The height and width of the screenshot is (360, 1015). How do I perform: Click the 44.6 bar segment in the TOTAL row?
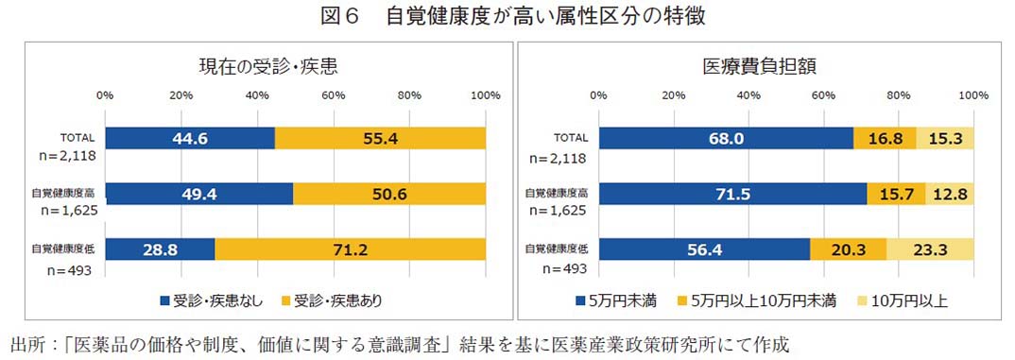(x=190, y=138)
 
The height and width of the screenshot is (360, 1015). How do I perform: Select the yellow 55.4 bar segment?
(x=380, y=138)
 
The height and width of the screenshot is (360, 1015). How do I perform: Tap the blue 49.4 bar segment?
(x=198, y=194)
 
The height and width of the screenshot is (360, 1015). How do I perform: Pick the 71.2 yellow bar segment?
(x=351, y=249)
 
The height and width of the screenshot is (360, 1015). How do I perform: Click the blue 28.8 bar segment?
(x=160, y=249)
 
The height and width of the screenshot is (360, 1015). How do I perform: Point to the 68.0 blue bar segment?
(x=725, y=138)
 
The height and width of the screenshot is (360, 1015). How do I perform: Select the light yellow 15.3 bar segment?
(x=945, y=138)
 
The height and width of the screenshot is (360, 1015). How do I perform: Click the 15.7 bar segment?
(x=896, y=194)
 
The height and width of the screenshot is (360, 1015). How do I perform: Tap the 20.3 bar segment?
(x=848, y=249)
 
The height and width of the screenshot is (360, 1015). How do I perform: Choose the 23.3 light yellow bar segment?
(x=930, y=249)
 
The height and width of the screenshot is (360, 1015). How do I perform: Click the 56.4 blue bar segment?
(x=703, y=249)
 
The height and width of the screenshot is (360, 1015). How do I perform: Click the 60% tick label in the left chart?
(x=333, y=95)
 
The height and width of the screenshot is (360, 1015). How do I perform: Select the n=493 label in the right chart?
(x=553, y=270)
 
